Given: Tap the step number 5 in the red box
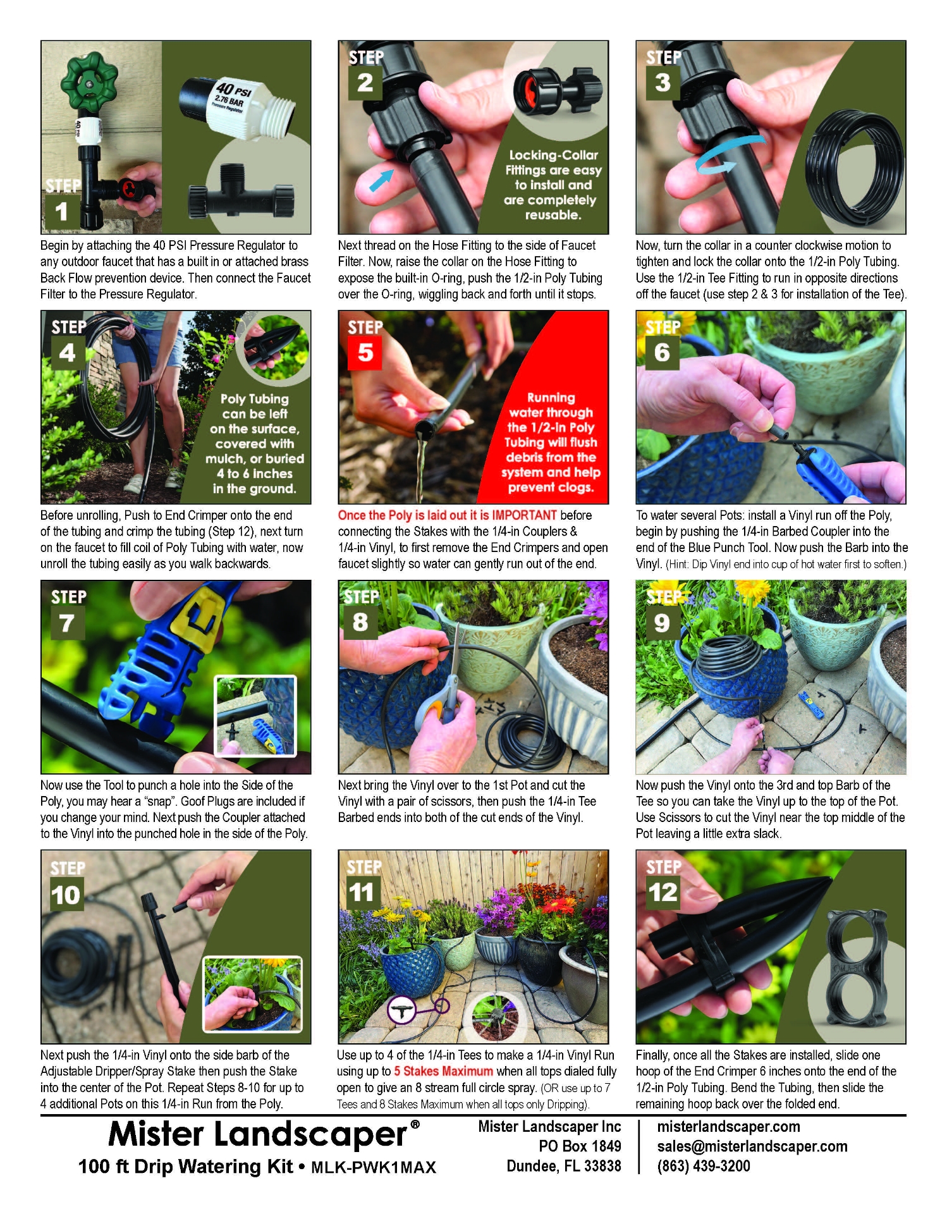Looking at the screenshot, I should (x=365, y=352).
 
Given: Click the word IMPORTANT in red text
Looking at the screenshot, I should (x=524, y=515).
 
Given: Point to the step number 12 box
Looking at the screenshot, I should (x=663, y=892).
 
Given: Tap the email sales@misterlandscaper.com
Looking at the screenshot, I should (x=752, y=1146).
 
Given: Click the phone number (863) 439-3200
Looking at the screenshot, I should (x=703, y=1166).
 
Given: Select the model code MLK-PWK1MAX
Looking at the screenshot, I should (x=374, y=1168).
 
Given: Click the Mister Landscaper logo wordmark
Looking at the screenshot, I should (x=258, y=1134).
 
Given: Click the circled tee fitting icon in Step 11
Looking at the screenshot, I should (x=401, y=1010).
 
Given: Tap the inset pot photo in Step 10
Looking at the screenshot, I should (x=252, y=993).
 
